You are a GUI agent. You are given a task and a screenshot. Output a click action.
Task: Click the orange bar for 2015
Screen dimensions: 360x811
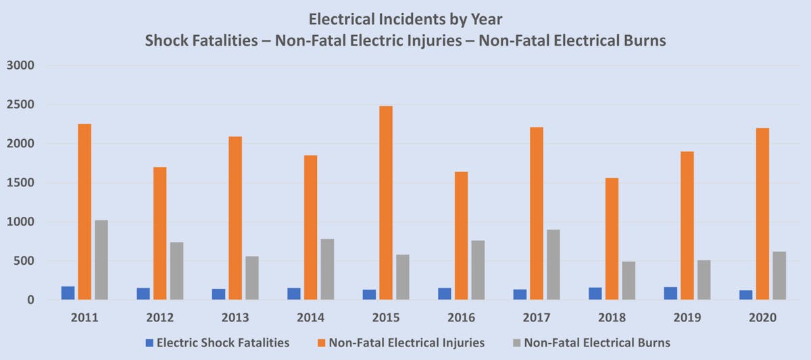point(387,203)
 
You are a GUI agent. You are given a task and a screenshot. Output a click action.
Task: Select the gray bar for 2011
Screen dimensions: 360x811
point(101,260)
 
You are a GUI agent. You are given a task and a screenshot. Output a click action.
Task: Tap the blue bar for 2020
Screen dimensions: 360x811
point(746,295)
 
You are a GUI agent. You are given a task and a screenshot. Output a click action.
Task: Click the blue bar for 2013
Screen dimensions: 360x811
point(218,294)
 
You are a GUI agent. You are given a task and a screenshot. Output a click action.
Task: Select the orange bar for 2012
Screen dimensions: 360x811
point(160,233)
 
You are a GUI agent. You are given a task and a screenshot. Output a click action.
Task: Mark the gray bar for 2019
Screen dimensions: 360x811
point(704,280)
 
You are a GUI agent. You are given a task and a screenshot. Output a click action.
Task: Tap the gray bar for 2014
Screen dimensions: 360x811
point(327,269)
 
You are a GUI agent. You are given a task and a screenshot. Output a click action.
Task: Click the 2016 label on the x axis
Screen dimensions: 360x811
point(462,317)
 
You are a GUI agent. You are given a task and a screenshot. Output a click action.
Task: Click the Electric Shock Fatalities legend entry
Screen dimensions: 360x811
point(222,342)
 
